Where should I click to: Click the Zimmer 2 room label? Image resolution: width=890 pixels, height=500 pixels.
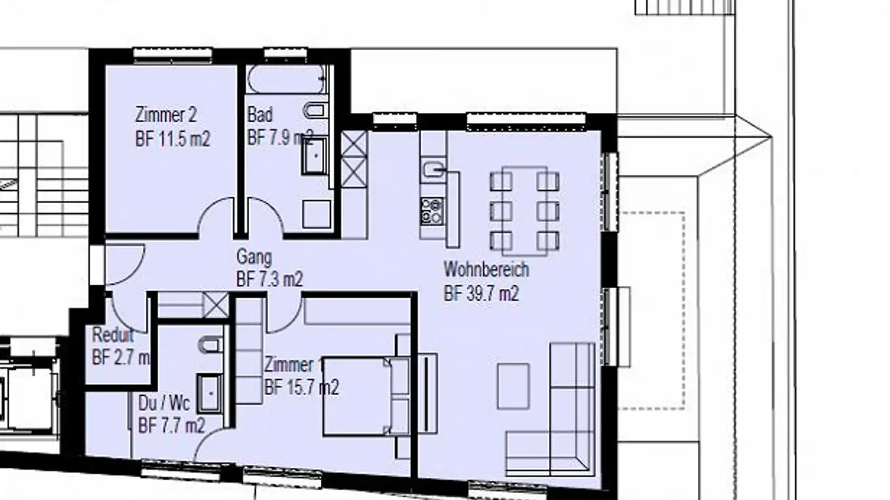point(165,115)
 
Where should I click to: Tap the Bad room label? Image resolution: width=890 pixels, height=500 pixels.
point(260,115)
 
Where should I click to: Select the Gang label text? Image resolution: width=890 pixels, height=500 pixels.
point(253,256)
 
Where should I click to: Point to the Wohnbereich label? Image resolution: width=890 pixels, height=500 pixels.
point(486,270)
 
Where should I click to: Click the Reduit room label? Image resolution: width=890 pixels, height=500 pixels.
point(112,336)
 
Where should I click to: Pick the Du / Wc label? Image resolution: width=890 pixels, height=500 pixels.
point(164,404)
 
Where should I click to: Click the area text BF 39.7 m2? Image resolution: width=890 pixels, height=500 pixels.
point(481,294)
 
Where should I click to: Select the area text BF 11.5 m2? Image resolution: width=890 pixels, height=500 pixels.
point(172,139)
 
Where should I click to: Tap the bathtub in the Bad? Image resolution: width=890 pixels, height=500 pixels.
point(287,79)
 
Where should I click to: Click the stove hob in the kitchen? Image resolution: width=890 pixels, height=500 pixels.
point(432,210)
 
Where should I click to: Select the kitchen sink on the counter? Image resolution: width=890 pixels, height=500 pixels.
point(433,167)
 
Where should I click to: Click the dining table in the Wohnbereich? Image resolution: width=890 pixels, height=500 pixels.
point(525,210)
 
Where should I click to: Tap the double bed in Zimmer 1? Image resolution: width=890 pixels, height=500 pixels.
point(365,396)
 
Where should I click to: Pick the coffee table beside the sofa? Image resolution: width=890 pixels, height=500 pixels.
point(513,386)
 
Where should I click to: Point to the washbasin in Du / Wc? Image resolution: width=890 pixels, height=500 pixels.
point(210,392)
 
